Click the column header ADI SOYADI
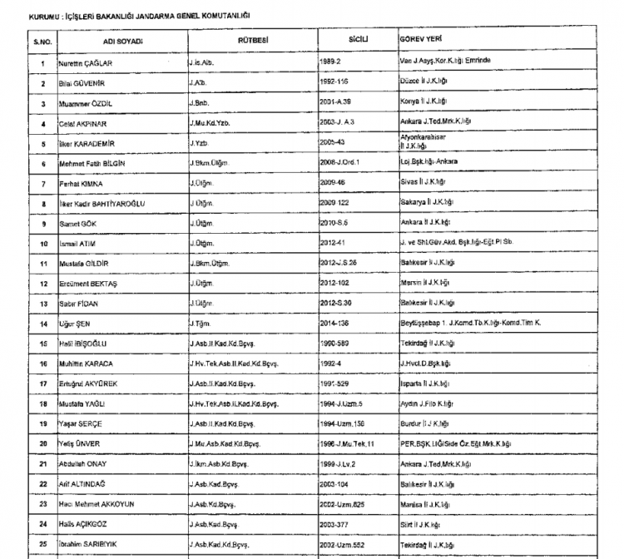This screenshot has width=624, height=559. pyautogui.click(x=124, y=41)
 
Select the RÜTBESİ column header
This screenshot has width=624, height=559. pyautogui.click(x=252, y=40)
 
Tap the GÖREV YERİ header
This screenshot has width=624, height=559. pyautogui.click(x=420, y=40)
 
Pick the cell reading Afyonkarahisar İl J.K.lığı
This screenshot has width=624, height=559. pyautogui.click(x=425, y=142)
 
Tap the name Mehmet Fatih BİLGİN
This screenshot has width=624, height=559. pyautogui.click(x=92, y=165)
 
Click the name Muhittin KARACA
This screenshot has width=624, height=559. pyautogui.click(x=86, y=364)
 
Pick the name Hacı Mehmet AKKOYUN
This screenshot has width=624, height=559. pyautogui.click(x=97, y=504)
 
